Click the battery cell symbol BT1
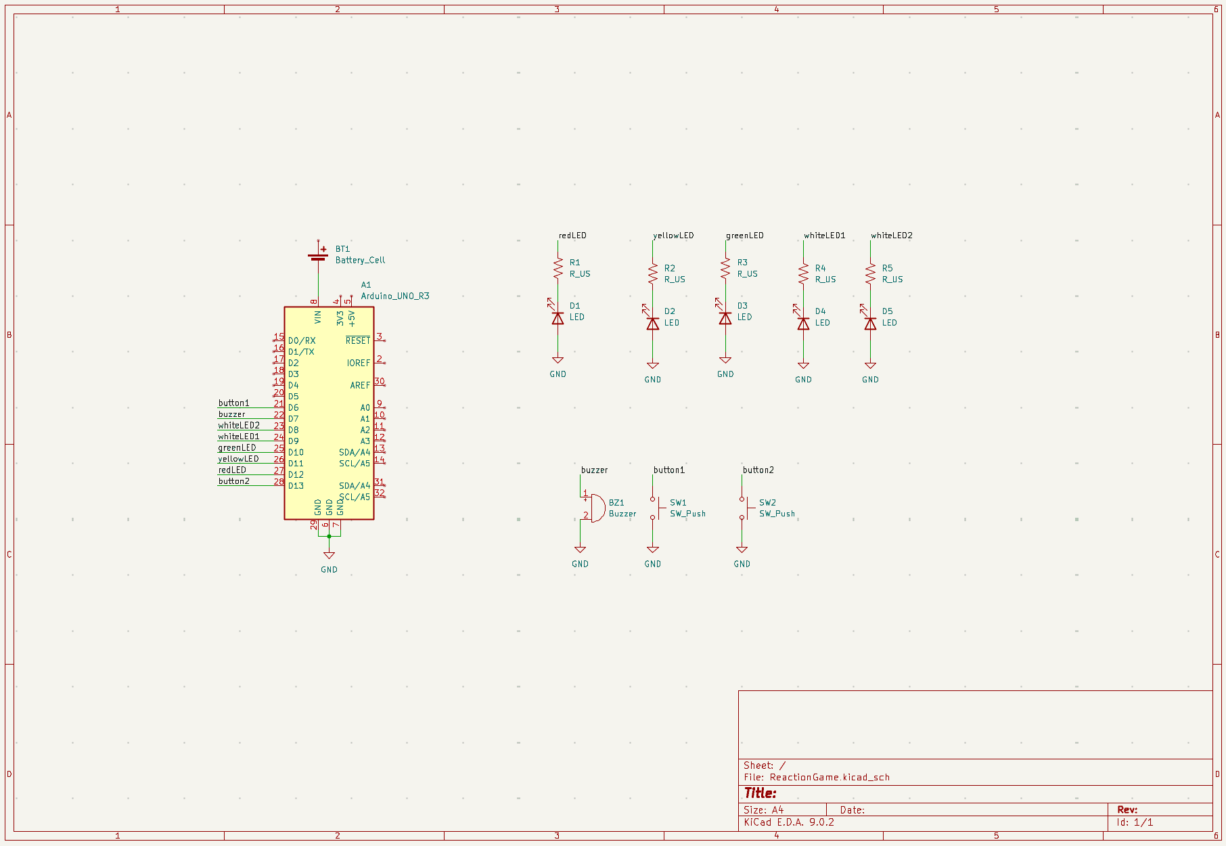click(x=318, y=256)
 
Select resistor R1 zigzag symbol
click(x=558, y=268)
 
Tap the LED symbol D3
click(x=725, y=318)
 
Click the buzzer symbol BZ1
click(x=597, y=508)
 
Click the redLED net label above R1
click(x=572, y=236)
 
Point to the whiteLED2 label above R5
click(x=891, y=236)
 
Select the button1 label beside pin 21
click(x=233, y=403)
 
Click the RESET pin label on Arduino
click(x=358, y=340)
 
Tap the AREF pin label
click(x=360, y=385)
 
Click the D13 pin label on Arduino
click(x=296, y=486)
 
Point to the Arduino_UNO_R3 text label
click(x=394, y=296)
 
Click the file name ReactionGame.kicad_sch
click(x=830, y=777)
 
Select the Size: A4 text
click(x=763, y=809)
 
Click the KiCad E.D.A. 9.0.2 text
click(x=788, y=822)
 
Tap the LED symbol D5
click(x=870, y=324)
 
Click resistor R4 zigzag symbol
click(x=803, y=273)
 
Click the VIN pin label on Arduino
click(x=318, y=317)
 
